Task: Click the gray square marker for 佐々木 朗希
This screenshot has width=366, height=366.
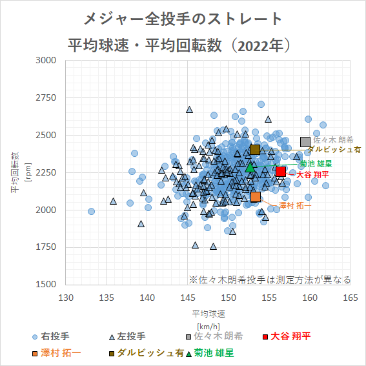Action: [305, 142]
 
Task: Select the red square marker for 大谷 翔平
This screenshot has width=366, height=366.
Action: [281, 171]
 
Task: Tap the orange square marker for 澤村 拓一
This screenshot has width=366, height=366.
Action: [256, 197]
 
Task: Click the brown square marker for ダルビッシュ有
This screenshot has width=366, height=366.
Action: [255, 150]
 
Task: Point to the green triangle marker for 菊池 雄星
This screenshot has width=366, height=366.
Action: [250, 167]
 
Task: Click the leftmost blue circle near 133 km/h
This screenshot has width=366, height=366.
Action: [91, 211]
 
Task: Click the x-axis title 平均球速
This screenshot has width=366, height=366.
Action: [208, 313]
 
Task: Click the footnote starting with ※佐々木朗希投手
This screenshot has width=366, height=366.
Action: [270, 280]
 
